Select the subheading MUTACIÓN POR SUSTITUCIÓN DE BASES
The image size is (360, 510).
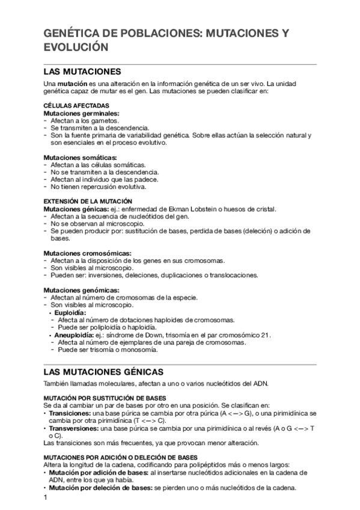[105, 399]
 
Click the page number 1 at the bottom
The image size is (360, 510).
[45, 499]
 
